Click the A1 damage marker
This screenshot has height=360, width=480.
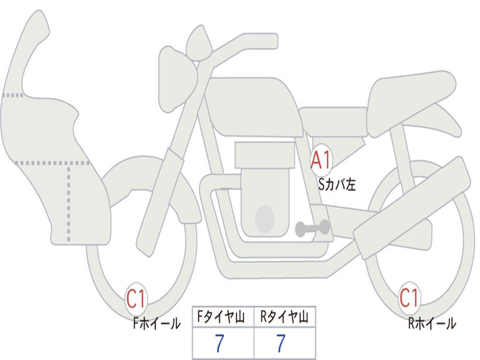point(321,159)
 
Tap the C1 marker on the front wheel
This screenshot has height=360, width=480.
point(135,298)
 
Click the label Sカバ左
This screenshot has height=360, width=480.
point(337,185)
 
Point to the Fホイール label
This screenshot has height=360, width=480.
point(157,323)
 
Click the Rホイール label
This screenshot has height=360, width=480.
point(432,323)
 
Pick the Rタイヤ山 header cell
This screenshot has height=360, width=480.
point(285,316)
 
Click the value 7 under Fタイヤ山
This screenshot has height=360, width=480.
point(219,343)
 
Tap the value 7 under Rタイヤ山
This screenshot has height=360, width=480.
point(281,343)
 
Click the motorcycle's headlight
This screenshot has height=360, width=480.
point(178,79)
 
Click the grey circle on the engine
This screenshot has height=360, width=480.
point(265,218)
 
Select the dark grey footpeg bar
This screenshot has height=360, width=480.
point(312,228)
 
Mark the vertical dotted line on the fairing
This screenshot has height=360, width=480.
point(68,203)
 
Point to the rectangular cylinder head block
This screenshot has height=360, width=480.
point(265,155)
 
